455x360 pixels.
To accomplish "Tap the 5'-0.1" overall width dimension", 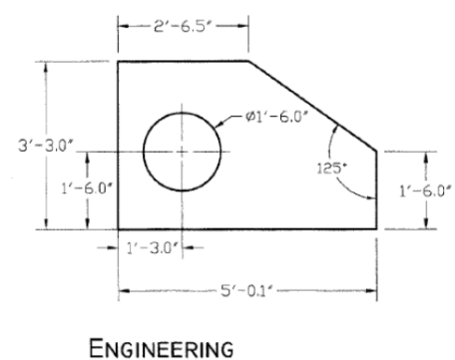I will point(246,292).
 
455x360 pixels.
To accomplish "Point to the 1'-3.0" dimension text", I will point(150,247).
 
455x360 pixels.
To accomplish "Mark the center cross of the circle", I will point(181,152).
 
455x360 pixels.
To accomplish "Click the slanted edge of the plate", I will point(311,105).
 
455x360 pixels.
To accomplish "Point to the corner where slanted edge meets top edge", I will point(247,62).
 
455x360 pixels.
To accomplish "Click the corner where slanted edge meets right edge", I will point(376,150).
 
